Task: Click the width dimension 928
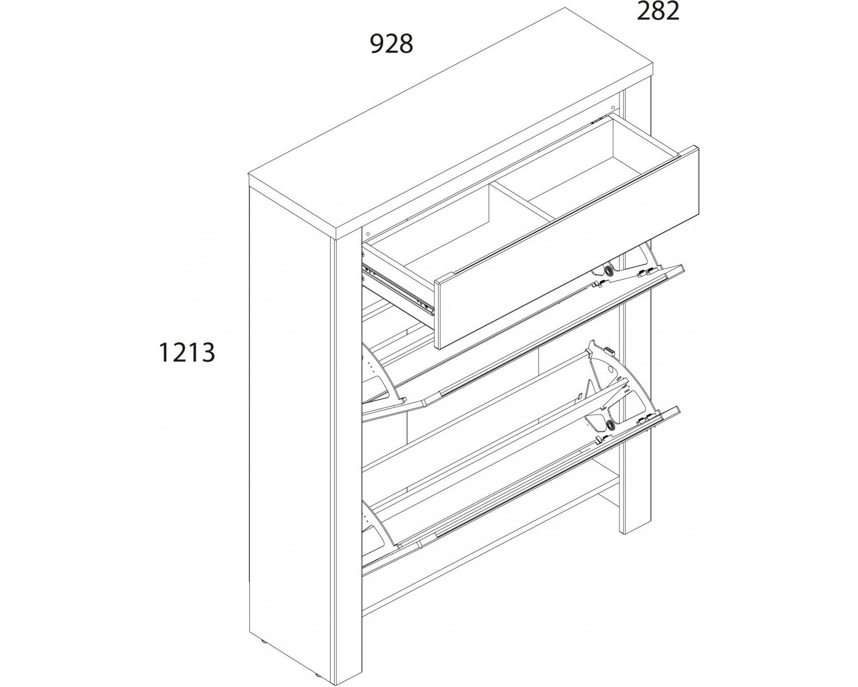tap(391, 44)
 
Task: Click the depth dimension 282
tap(658, 11)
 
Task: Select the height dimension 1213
tap(187, 353)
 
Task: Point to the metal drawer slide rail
tap(398, 291)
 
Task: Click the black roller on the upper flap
tap(609, 270)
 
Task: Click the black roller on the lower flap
tap(610, 424)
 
